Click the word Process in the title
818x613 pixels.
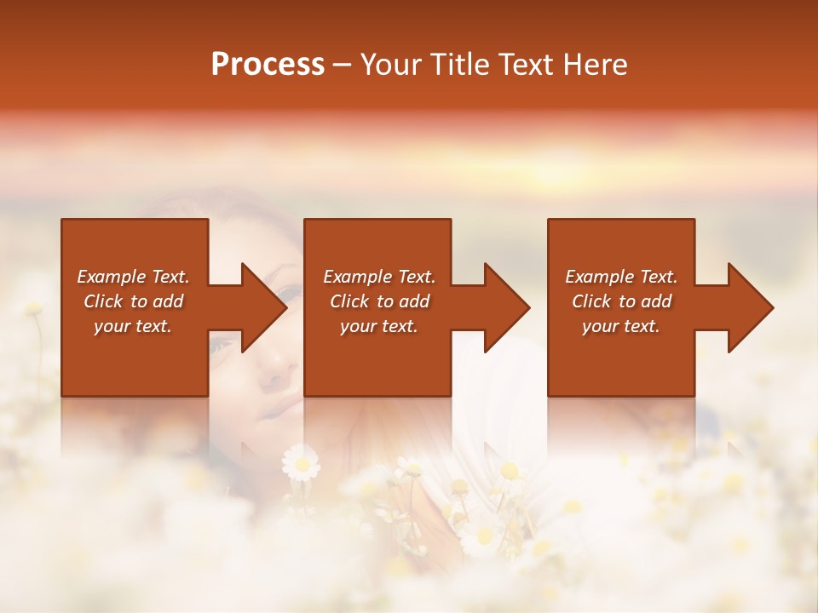coord(268,65)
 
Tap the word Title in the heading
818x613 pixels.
coord(458,65)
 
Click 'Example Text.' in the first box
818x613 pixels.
coord(134,277)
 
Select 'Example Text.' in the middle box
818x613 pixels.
coord(379,277)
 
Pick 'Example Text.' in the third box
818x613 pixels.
coord(621,277)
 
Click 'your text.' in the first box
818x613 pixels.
coord(133,326)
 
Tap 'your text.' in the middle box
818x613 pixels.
coord(379,326)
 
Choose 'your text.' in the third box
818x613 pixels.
coord(621,326)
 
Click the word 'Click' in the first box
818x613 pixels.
coord(104,301)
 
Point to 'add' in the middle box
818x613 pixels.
coord(414,301)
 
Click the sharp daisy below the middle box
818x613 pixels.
coord(301,464)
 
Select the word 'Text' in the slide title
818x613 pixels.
coord(525,65)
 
